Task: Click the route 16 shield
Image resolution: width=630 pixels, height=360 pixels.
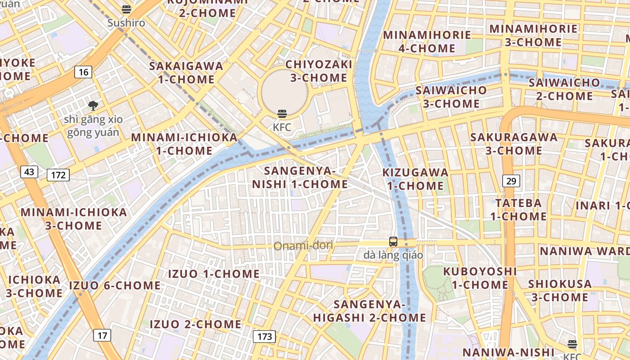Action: [83, 72]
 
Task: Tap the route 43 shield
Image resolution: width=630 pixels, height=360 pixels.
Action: [29, 171]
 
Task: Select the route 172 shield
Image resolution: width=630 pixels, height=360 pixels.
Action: [58, 175]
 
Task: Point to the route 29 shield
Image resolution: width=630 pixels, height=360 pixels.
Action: [511, 181]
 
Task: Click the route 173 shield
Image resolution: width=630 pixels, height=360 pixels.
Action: [264, 336]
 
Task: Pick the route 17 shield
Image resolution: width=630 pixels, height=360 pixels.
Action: [102, 335]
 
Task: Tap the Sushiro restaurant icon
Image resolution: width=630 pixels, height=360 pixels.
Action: [126, 9]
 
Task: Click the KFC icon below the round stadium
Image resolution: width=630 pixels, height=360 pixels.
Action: [282, 114]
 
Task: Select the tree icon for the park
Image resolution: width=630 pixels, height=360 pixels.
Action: [93, 106]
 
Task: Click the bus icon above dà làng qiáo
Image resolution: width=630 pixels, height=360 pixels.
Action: [393, 242]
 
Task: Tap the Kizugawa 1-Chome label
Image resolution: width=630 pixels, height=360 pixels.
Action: [415, 179]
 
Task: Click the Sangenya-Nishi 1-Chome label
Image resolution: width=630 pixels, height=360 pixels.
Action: [300, 177]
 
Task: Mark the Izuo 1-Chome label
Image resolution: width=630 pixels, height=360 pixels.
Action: [214, 274]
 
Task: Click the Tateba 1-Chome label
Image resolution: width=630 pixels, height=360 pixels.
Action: [518, 210]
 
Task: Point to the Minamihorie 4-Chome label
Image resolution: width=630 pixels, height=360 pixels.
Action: [427, 41]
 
